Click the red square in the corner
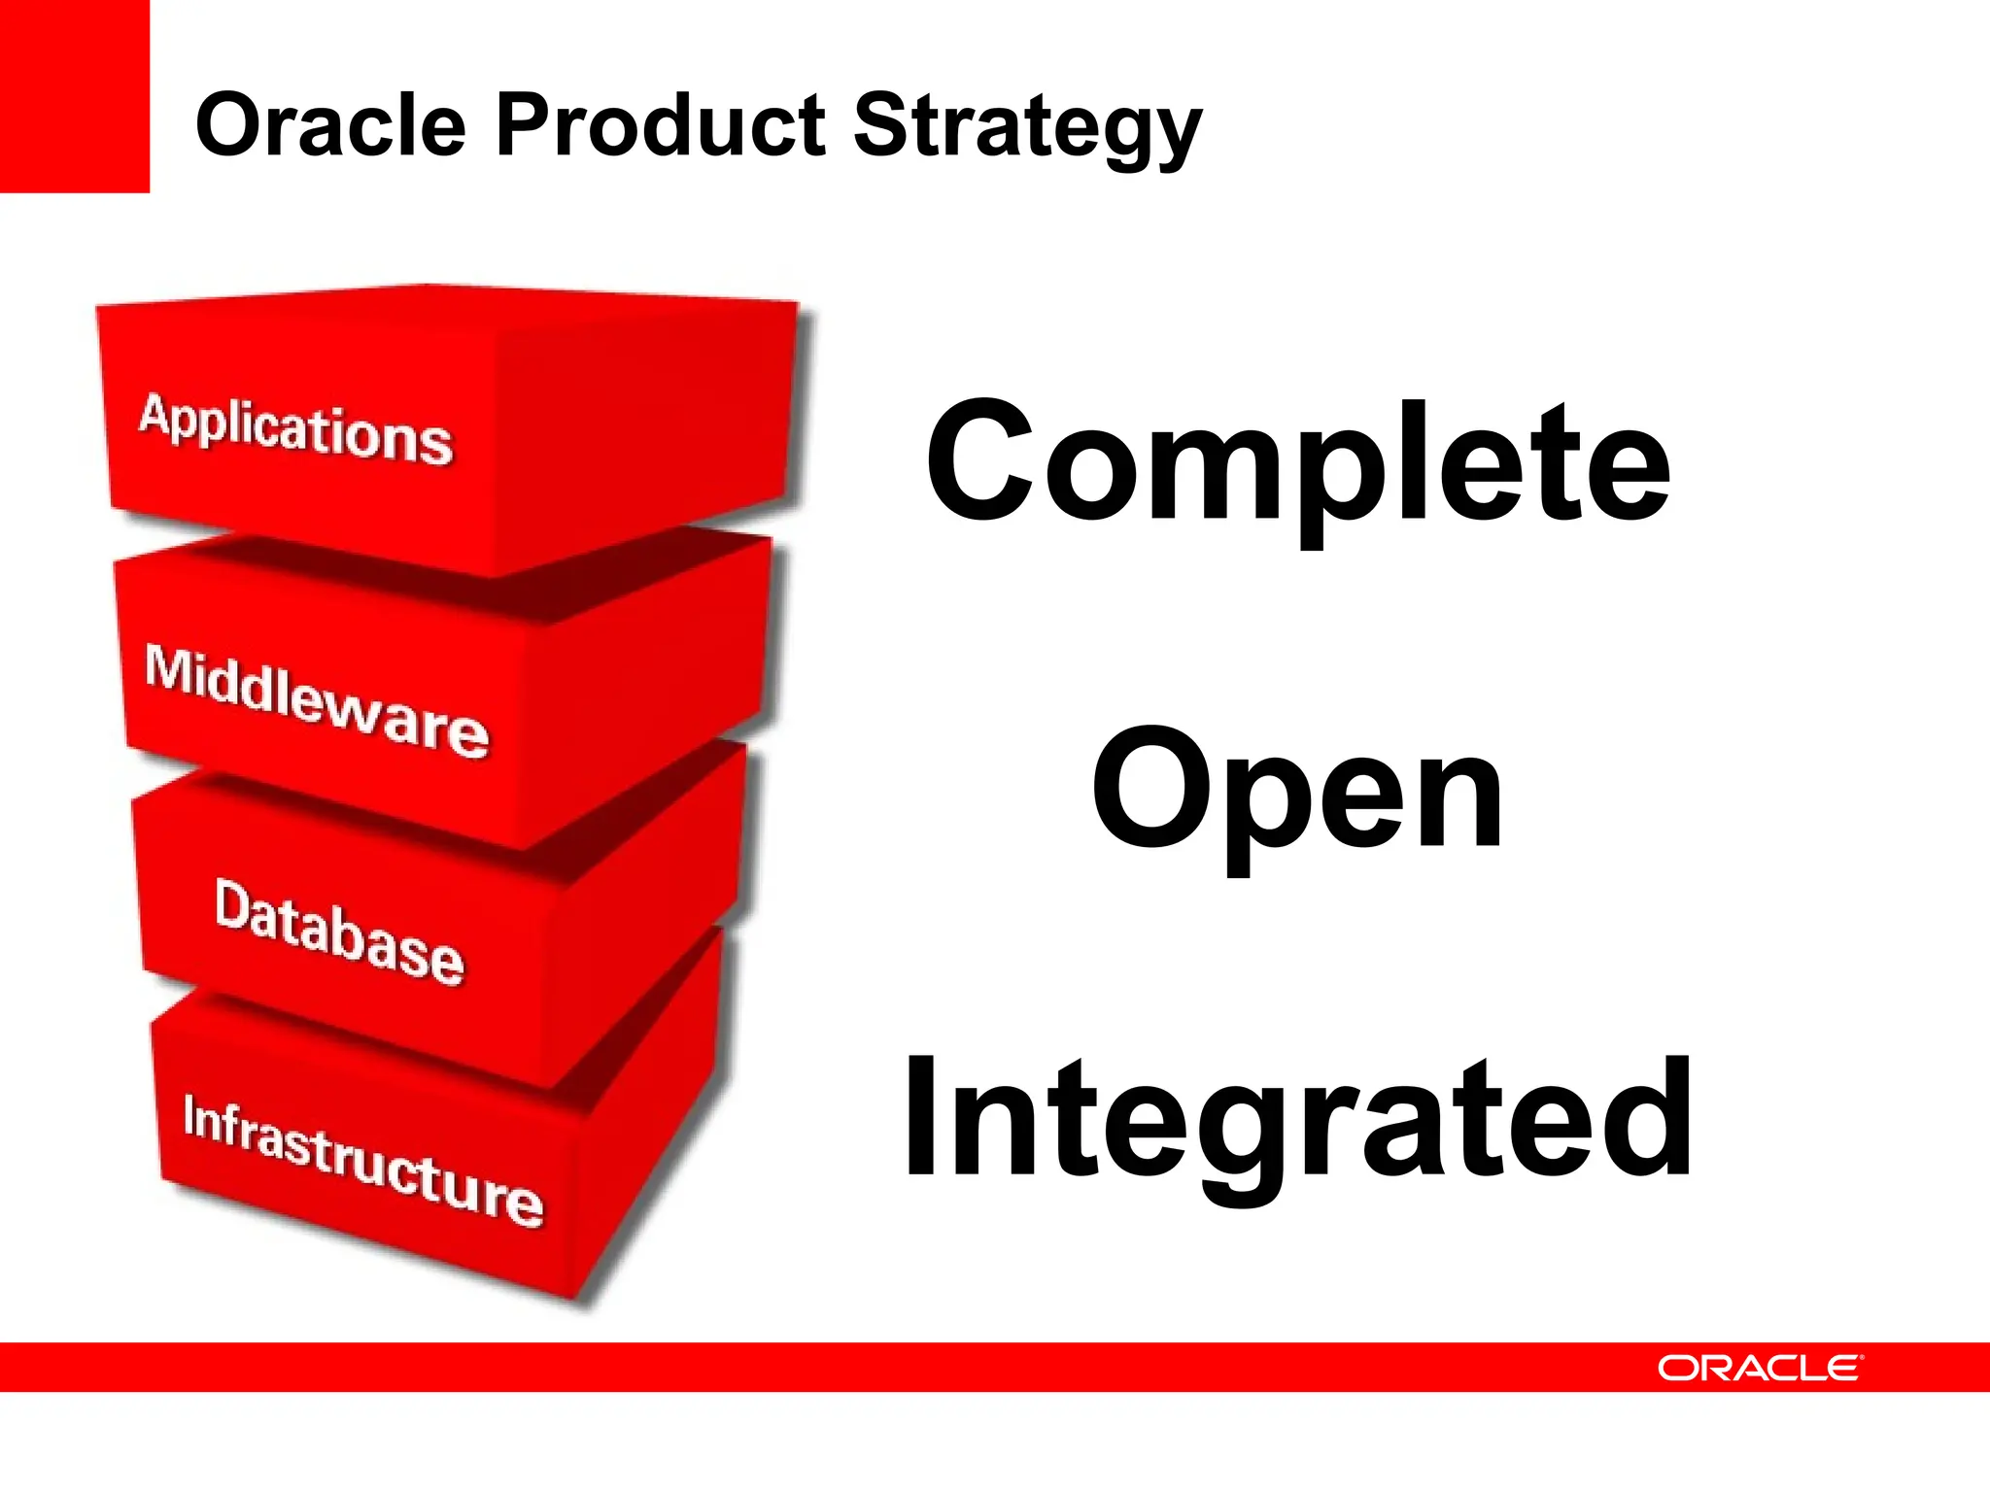pyautogui.click(x=74, y=95)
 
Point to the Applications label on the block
pyautogui.click(x=296, y=429)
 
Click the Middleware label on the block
pyautogui.click(x=317, y=699)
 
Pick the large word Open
pyautogui.click(x=1298, y=792)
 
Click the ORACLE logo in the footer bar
pyautogui.click(x=1760, y=1368)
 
